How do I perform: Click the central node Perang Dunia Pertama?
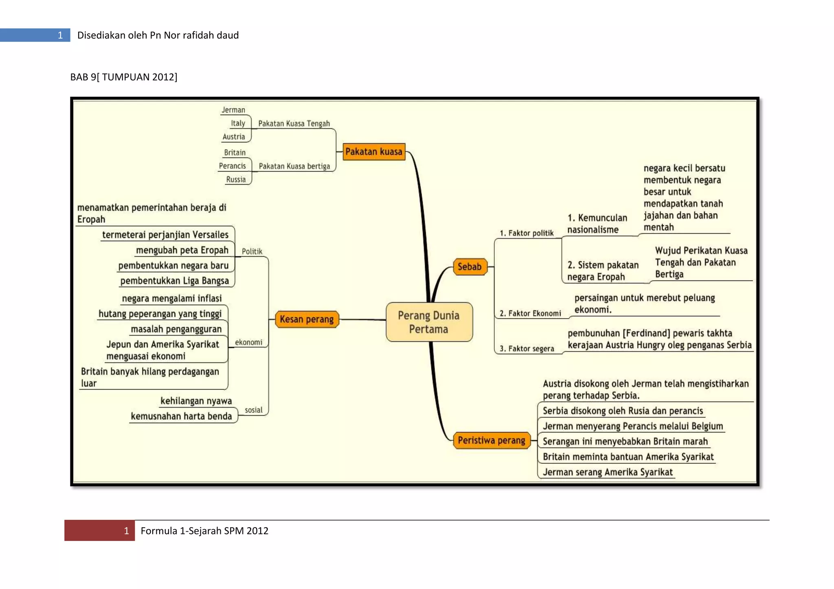[x=429, y=322]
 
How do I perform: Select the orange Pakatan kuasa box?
[x=374, y=152]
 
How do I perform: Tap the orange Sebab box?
[x=470, y=267]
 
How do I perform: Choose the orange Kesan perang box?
[x=307, y=319]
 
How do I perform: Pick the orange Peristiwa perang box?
[x=491, y=440]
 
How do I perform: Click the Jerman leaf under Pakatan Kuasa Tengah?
[x=233, y=110]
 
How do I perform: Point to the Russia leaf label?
[x=236, y=179]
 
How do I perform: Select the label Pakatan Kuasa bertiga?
[x=294, y=166]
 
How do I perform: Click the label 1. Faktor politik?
[x=527, y=233]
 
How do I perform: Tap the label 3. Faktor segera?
[x=527, y=349]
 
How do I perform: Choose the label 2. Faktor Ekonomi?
[x=530, y=313]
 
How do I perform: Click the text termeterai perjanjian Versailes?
[x=165, y=235]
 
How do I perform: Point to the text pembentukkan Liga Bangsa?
[x=174, y=281]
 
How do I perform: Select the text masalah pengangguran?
[x=176, y=329]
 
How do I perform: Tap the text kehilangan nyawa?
[x=196, y=401]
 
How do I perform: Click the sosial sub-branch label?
[x=253, y=410]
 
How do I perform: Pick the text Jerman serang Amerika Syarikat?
[x=607, y=472]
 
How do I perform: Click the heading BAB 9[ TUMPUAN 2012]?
[x=124, y=77]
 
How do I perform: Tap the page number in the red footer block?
[x=126, y=531]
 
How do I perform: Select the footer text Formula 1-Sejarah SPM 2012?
[x=204, y=531]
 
